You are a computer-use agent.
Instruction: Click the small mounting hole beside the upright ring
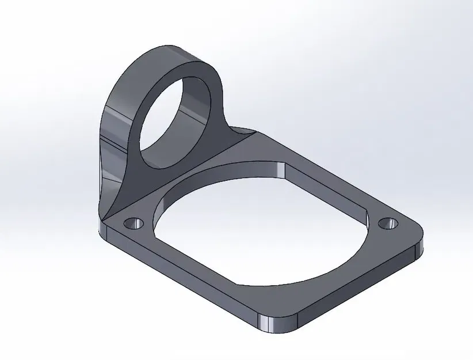pos(135,222)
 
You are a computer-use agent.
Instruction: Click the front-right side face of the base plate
pos(357,288)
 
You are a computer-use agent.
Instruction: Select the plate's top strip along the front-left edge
pos(190,259)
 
